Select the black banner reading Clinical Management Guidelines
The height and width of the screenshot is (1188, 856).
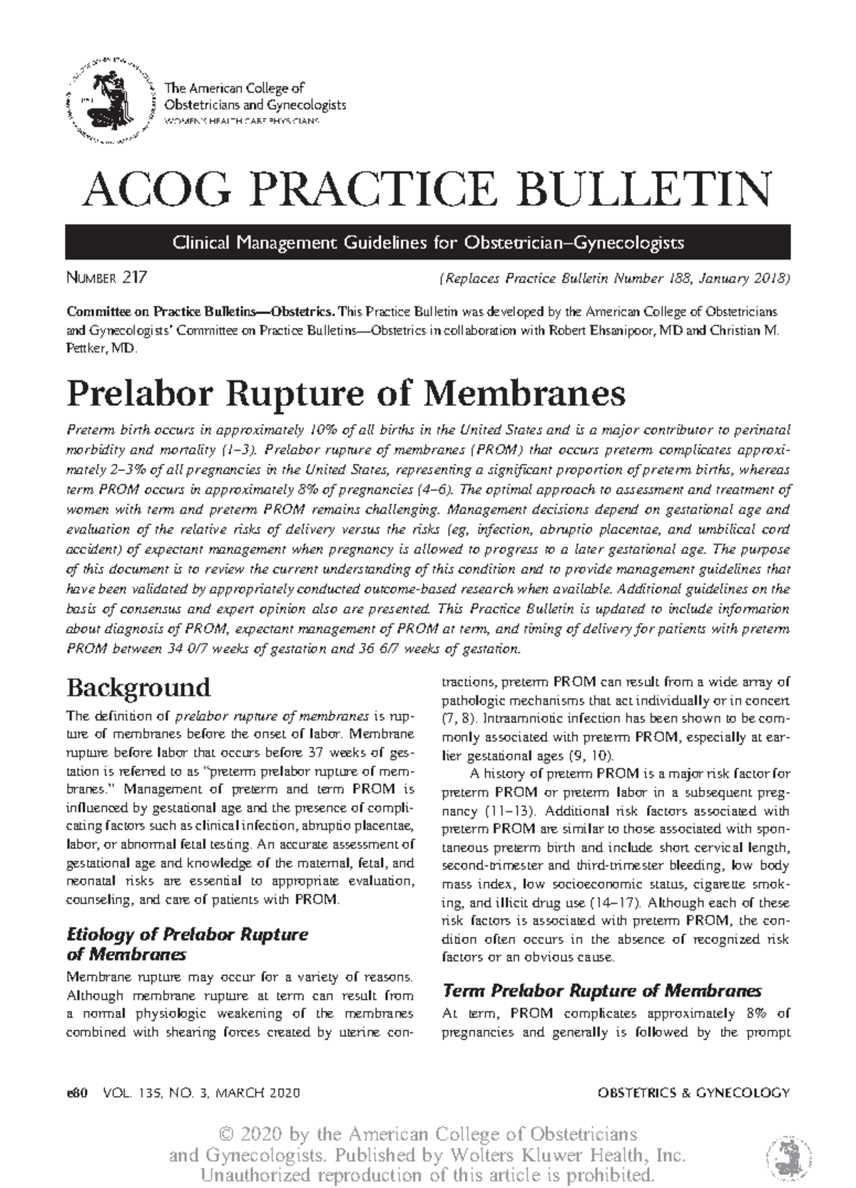(x=427, y=243)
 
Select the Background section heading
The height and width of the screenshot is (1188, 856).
(x=138, y=688)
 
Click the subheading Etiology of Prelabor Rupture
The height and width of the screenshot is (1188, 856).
(x=187, y=935)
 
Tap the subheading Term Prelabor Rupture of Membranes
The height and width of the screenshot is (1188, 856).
(x=602, y=991)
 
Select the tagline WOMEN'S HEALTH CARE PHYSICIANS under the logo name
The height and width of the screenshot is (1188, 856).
(x=243, y=122)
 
